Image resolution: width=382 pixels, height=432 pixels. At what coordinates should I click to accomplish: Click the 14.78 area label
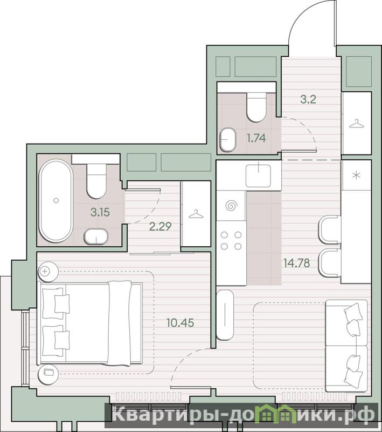(x=296, y=263)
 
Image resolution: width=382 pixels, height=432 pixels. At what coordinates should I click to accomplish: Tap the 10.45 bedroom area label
(x=180, y=322)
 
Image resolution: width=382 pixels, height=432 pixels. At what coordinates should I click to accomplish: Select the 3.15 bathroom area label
(x=100, y=212)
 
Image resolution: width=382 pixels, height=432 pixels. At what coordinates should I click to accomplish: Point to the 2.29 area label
(x=160, y=226)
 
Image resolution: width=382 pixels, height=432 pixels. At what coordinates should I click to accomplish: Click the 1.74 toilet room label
(x=256, y=138)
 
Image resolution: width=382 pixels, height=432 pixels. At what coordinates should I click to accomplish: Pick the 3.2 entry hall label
(x=308, y=99)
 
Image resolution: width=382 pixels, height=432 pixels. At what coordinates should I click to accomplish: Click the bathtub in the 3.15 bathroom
(x=56, y=201)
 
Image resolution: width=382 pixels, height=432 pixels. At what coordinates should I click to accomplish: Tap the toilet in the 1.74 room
(x=256, y=107)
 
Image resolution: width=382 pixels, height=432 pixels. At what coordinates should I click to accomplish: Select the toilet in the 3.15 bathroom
(x=96, y=181)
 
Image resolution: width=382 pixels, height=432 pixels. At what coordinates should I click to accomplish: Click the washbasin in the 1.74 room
(x=228, y=139)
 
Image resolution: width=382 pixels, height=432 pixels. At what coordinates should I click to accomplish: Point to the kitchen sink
(x=258, y=175)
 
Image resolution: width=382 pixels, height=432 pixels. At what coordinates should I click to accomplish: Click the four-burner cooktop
(x=231, y=240)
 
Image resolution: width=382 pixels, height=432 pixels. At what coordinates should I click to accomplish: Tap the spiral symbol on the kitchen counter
(x=231, y=206)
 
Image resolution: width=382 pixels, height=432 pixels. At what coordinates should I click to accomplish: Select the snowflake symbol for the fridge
(x=357, y=175)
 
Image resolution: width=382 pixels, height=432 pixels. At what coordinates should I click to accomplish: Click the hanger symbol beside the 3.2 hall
(x=356, y=124)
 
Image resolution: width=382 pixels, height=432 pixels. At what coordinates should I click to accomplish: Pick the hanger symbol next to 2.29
(x=196, y=214)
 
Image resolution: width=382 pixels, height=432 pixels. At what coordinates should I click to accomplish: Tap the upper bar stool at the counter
(x=330, y=230)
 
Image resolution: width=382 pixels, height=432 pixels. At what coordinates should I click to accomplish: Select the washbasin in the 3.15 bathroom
(x=96, y=237)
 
